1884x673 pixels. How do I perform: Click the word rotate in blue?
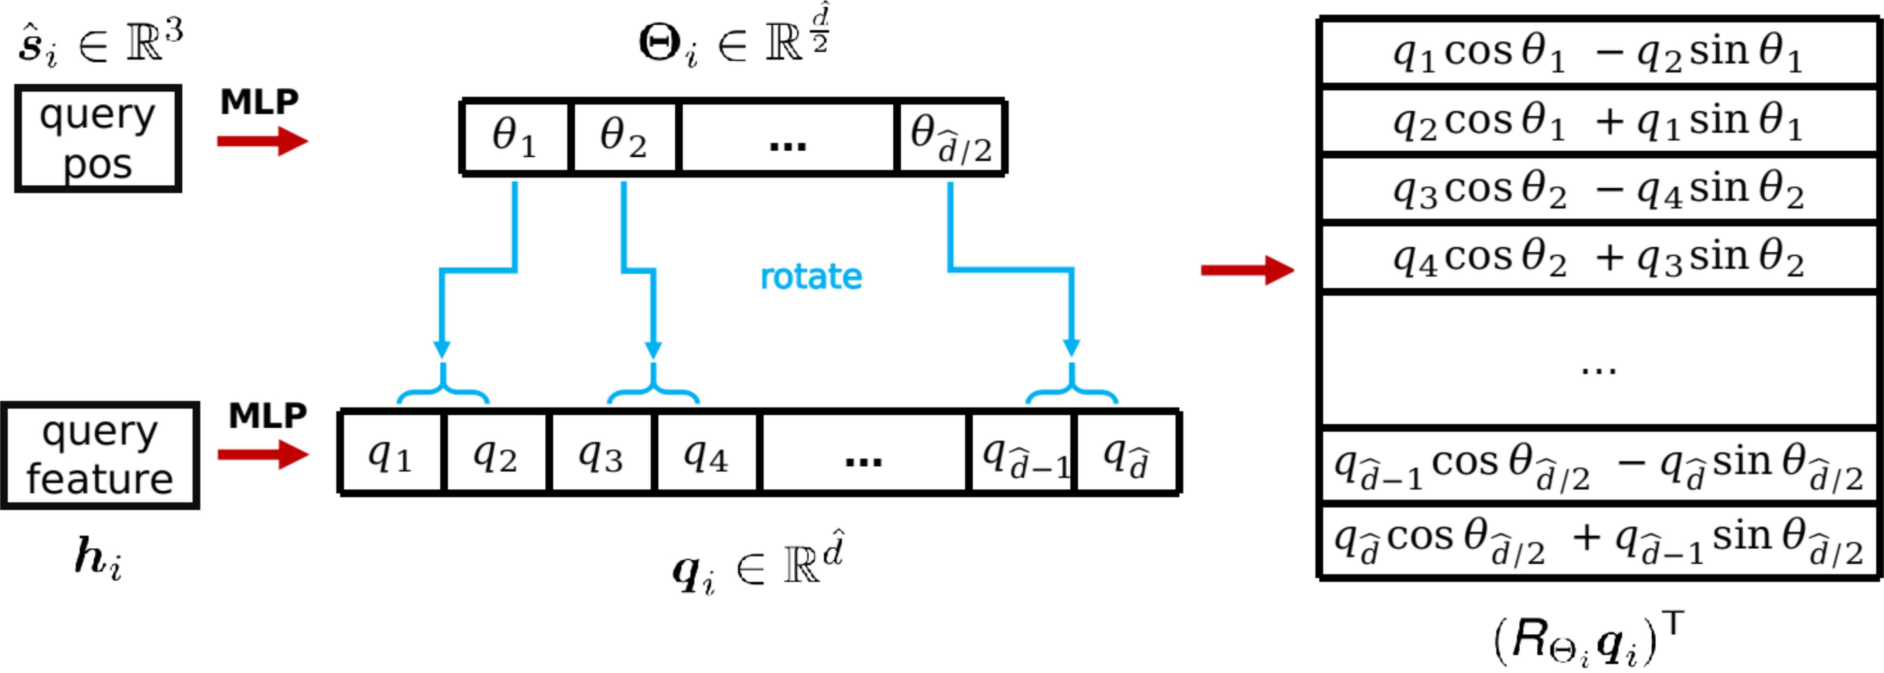[810, 277]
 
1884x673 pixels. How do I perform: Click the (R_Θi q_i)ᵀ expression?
[1589, 638]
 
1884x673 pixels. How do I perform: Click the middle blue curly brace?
[653, 388]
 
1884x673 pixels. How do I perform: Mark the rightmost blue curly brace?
[1072, 388]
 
